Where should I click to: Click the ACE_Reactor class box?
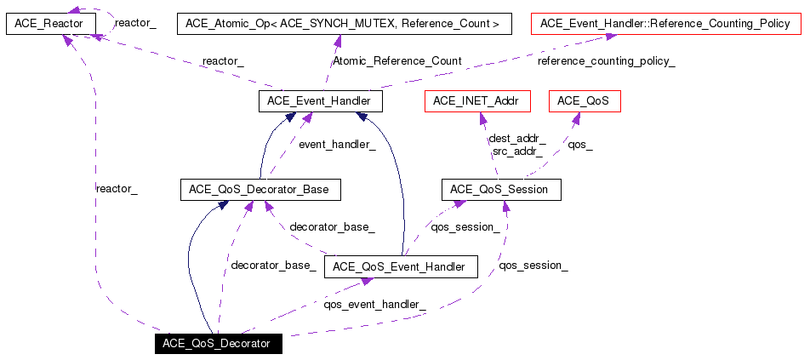(51, 24)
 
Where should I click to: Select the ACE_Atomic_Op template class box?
(344, 24)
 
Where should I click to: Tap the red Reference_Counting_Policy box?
(665, 24)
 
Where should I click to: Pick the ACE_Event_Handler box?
(320, 100)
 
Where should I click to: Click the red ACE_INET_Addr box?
(477, 100)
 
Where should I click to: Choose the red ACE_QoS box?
(584, 100)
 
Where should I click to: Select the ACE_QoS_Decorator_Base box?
(261, 190)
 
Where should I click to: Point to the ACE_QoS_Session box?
(501, 190)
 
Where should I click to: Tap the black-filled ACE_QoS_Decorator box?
(219, 344)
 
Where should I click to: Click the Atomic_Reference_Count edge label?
(396, 61)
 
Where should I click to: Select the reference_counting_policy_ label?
(607, 62)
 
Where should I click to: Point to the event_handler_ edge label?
(337, 145)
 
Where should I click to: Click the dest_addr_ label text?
(517, 140)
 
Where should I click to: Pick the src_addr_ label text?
(517, 151)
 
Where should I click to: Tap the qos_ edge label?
(580, 146)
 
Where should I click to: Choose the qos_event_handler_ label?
(374, 305)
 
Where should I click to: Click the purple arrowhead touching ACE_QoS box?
(575, 117)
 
